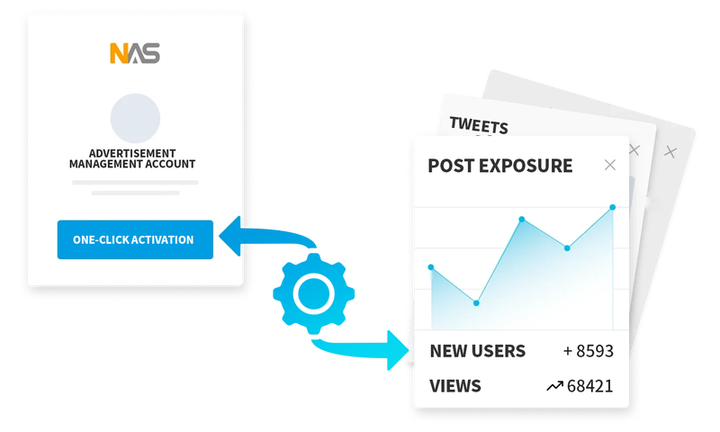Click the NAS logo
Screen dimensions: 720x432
point(135,53)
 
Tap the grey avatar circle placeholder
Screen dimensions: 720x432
point(135,119)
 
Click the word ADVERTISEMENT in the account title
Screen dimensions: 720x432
point(132,153)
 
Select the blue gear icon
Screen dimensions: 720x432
point(313,293)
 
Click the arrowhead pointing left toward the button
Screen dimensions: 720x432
point(230,236)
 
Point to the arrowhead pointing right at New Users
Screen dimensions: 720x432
point(398,350)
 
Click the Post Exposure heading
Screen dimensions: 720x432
point(500,166)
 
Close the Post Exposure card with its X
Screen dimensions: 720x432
point(610,165)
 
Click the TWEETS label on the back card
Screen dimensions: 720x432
point(479,125)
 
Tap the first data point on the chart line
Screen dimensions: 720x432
point(431,267)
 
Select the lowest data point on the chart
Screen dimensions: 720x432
point(476,303)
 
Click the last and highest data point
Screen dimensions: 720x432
point(613,208)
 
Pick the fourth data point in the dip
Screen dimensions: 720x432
point(567,248)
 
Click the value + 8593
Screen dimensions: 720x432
point(589,351)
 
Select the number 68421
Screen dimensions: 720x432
point(590,386)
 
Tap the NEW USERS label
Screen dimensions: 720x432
point(478,351)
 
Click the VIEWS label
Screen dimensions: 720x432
point(455,386)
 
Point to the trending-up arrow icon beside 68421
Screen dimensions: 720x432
point(554,386)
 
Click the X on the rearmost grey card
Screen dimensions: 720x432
point(670,151)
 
